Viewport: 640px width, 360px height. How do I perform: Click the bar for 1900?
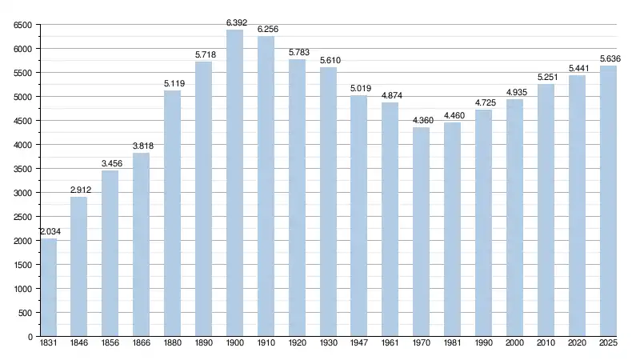[x=234, y=183]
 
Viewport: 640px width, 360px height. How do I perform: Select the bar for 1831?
[x=49, y=288]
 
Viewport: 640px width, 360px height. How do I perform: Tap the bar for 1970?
[x=421, y=232]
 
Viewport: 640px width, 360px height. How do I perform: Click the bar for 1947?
[x=358, y=216]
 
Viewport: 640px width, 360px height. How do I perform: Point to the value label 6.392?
[x=234, y=22]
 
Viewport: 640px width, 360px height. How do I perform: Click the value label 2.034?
[x=49, y=231]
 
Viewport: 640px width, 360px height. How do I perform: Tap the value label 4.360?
[x=421, y=120]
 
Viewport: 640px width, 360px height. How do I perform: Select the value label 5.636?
[x=608, y=58]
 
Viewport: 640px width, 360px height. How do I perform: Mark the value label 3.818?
[x=142, y=146]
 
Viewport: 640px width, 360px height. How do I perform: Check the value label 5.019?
[x=358, y=88]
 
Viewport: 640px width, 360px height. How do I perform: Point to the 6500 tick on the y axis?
[x=22, y=25]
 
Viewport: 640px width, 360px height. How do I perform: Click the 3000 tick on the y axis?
[x=22, y=193]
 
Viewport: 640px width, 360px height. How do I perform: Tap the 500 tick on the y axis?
[x=25, y=313]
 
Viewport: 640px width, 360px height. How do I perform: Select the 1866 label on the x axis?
[x=142, y=344]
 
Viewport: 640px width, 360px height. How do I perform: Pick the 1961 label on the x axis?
[x=390, y=344]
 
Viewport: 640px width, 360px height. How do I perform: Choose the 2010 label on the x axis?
[x=546, y=344]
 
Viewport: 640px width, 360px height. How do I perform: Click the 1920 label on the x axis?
[x=297, y=344]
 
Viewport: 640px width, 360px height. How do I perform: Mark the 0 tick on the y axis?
[x=29, y=337]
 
